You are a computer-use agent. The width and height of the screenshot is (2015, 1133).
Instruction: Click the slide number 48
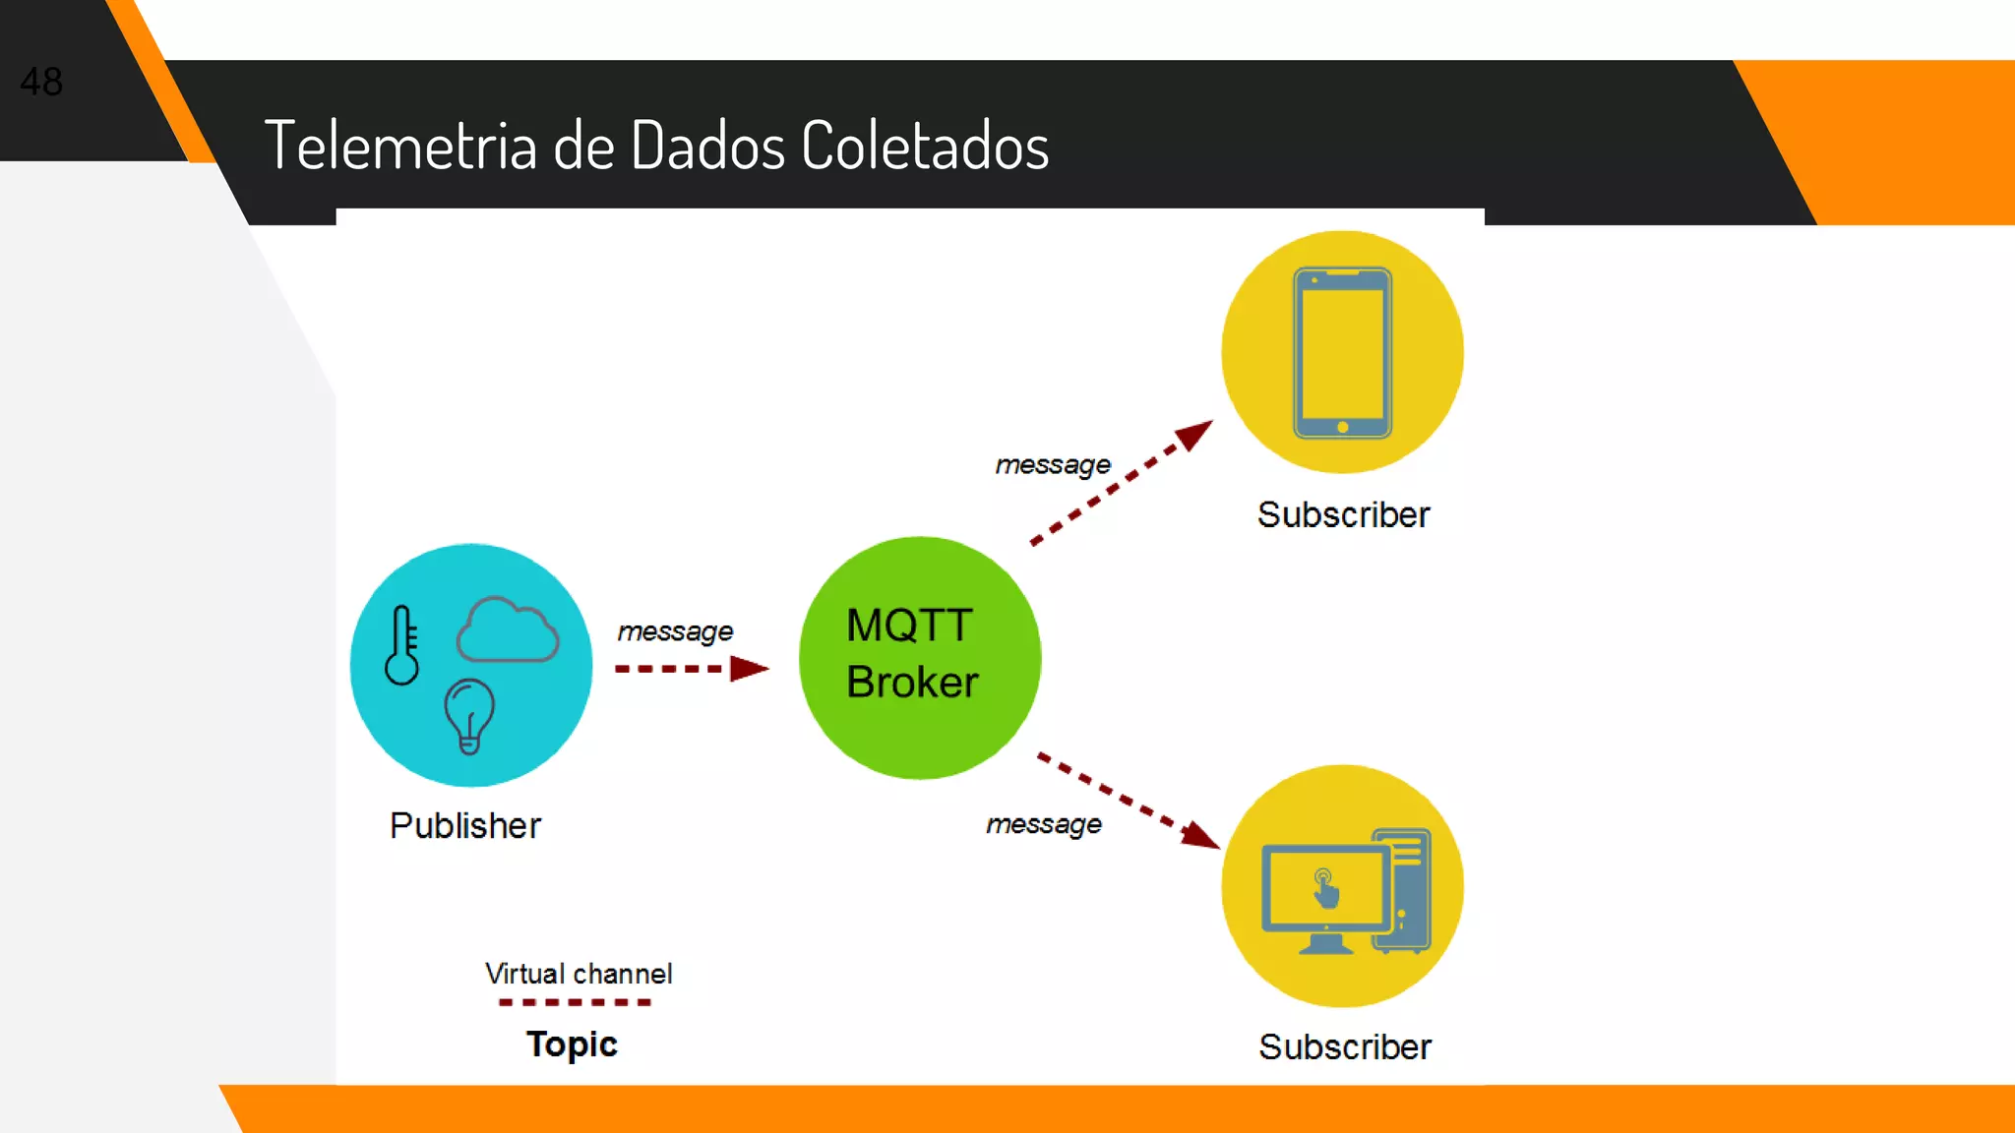(41, 82)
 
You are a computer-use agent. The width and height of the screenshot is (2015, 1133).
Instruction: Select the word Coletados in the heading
(925, 146)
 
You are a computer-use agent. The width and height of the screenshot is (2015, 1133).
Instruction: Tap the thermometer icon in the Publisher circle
(401, 645)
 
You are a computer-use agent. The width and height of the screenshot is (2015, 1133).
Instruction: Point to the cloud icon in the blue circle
(508, 630)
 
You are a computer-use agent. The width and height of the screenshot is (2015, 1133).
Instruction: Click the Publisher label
(465, 826)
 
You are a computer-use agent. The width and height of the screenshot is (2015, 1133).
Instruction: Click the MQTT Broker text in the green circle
(912, 654)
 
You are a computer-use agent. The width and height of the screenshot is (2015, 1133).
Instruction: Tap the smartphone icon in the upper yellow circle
(1342, 352)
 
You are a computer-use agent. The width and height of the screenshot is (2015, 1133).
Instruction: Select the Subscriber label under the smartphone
(1343, 514)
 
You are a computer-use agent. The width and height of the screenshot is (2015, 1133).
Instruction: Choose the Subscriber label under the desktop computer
(1344, 1047)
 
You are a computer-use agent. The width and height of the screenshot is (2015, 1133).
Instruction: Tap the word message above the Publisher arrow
(675, 631)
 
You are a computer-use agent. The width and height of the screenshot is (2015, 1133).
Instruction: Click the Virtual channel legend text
(579, 974)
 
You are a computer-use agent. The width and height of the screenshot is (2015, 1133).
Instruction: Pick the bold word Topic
(572, 1044)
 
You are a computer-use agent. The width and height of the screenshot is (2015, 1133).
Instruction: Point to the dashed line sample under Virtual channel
(576, 1002)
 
